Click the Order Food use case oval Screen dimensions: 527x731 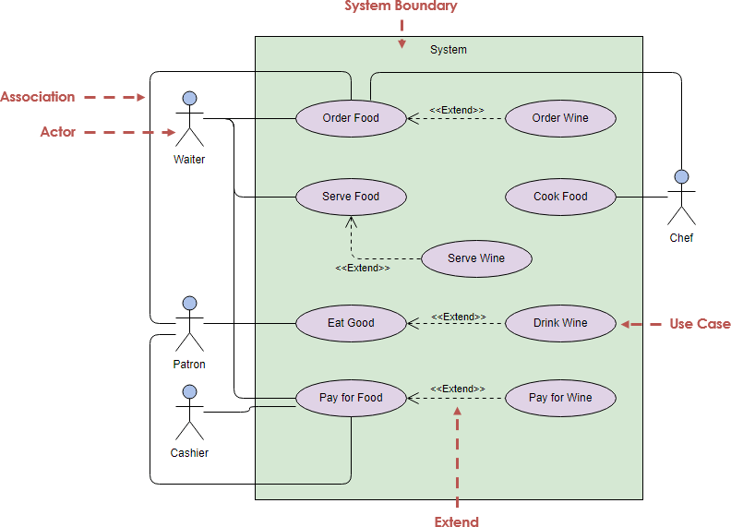point(351,118)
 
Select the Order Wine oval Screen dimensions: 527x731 point(560,118)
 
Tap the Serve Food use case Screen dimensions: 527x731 point(351,197)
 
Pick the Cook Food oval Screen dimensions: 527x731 point(560,197)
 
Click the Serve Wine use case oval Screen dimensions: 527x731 point(476,258)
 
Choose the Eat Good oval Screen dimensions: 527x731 point(351,323)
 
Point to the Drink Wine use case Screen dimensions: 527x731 point(560,323)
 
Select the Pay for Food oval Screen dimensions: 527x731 point(351,398)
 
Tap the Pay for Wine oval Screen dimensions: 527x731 point(560,398)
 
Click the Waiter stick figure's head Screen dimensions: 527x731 point(190,99)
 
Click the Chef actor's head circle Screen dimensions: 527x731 point(682,177)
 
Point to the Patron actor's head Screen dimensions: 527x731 point(190,304)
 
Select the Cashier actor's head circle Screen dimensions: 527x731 point(190,392)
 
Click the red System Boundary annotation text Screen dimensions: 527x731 point(401,6)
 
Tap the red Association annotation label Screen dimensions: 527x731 point(38,97)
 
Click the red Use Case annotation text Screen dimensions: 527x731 point(700,324)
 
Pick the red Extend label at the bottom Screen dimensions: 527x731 point(457,521)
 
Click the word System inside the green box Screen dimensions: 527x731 point(449,50)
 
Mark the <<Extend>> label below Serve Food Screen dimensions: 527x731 point(362,268)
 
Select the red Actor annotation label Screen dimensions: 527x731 point(58,132)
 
